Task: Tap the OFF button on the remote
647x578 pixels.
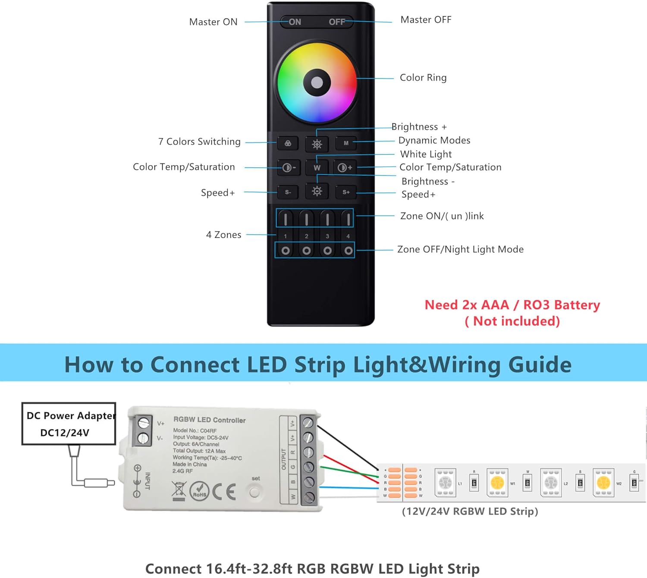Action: pos(337,22)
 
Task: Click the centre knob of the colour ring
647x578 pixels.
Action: pos(317,82)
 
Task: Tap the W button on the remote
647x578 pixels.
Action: pos(317,168)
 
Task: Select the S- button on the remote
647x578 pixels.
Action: pos(288,192)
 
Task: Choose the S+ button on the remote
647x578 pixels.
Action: pos(346,192)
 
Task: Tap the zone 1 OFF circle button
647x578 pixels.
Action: pos(286,251)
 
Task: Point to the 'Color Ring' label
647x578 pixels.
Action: pos(423,78)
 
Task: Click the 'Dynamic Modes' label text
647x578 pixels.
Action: pos(434,140)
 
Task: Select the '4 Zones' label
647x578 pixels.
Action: pos(223,235)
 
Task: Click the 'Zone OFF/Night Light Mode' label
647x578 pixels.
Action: pos(460,249)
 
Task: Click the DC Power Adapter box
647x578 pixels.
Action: pos(69,424)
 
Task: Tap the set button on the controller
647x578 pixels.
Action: pos(254,491)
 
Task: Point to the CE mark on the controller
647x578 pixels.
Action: pos(224,491)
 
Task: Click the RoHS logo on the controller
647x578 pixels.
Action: pos(199,492)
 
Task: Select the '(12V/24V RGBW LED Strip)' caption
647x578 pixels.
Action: pos(470,511)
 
